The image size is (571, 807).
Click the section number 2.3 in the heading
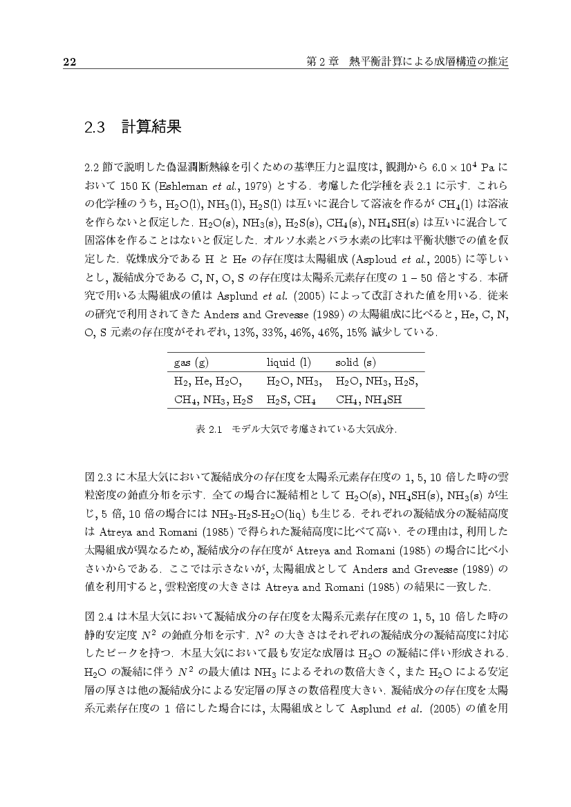94,128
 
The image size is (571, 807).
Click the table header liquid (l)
289,362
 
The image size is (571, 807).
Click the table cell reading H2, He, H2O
207,380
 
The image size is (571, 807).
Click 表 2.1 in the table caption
208,429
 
